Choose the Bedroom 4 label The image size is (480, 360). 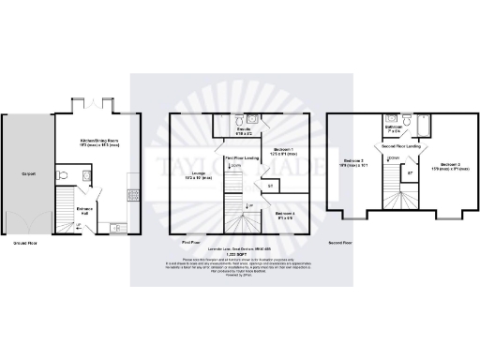pyautogui.click(x=285, y=215)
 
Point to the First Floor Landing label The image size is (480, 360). pyautogui.click(x=241, y=159)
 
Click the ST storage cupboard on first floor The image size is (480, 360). pyautogui.click(x=270, y=187)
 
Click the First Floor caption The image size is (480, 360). pyautogui.click(x=187, y=242)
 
